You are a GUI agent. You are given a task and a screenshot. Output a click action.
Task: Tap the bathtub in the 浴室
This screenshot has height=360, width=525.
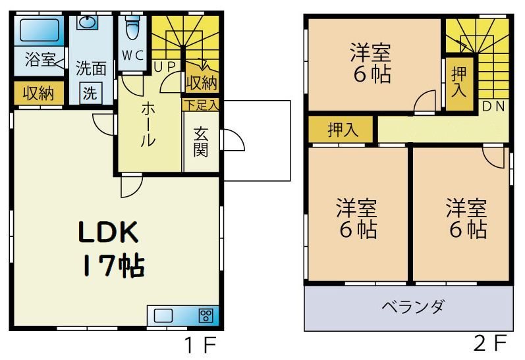[38, 30]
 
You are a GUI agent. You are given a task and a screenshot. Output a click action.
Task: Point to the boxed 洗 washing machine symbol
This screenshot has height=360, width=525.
[90, 93]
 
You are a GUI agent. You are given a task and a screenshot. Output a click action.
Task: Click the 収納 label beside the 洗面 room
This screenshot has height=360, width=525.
[39, 93]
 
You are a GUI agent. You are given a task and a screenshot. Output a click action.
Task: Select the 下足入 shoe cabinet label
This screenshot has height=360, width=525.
[201, 104]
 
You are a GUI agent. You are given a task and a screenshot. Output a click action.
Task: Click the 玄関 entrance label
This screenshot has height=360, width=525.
[201, 141]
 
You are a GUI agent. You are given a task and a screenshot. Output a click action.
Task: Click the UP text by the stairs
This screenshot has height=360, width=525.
[164, 66]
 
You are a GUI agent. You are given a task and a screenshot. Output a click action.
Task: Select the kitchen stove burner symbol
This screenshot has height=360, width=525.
[206, 315]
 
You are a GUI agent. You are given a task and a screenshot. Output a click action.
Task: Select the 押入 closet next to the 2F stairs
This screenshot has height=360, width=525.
[459, 82]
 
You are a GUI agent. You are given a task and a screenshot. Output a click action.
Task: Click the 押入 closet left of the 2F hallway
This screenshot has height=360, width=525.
[343, 129]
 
